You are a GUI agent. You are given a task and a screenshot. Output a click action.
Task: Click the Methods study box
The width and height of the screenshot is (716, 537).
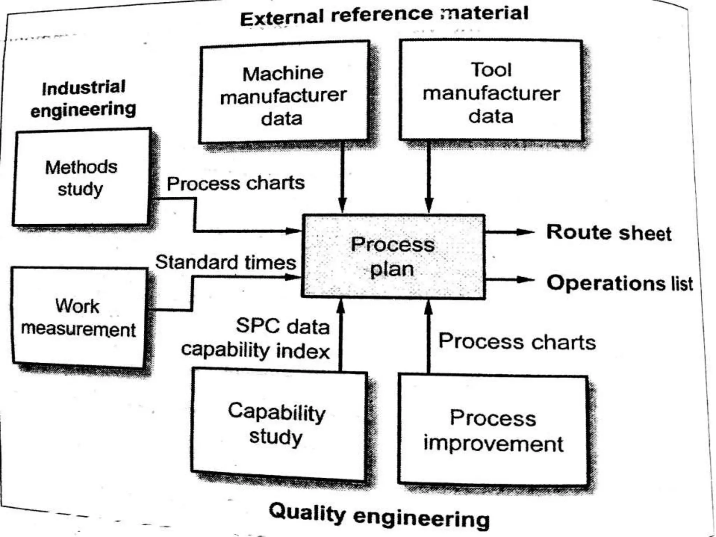(x=81, y=178)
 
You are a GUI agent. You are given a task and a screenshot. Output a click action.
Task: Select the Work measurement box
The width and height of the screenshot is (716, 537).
(x=78, y=317)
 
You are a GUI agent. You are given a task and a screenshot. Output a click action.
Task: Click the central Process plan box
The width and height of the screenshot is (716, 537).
(x=393, y=257)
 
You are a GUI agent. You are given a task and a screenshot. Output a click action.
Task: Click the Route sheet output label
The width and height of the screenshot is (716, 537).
(x=608, y=233)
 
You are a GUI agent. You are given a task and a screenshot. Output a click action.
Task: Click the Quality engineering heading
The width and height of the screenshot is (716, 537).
(x=379, y=516)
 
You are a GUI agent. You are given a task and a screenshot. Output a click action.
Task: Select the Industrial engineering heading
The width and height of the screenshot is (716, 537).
(x=83, y=99)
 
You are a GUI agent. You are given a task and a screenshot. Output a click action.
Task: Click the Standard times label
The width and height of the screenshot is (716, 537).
(x=225, y=262)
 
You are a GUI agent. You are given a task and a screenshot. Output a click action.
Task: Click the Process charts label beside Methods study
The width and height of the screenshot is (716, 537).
(x=235, y=183)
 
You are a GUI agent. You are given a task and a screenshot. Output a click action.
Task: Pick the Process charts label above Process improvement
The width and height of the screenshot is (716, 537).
(x=517, y=342)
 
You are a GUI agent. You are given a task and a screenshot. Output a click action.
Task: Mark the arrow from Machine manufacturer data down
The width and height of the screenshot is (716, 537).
(x=342, y=175)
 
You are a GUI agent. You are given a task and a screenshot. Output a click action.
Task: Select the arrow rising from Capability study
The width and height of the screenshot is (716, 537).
(x=341, y=336)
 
